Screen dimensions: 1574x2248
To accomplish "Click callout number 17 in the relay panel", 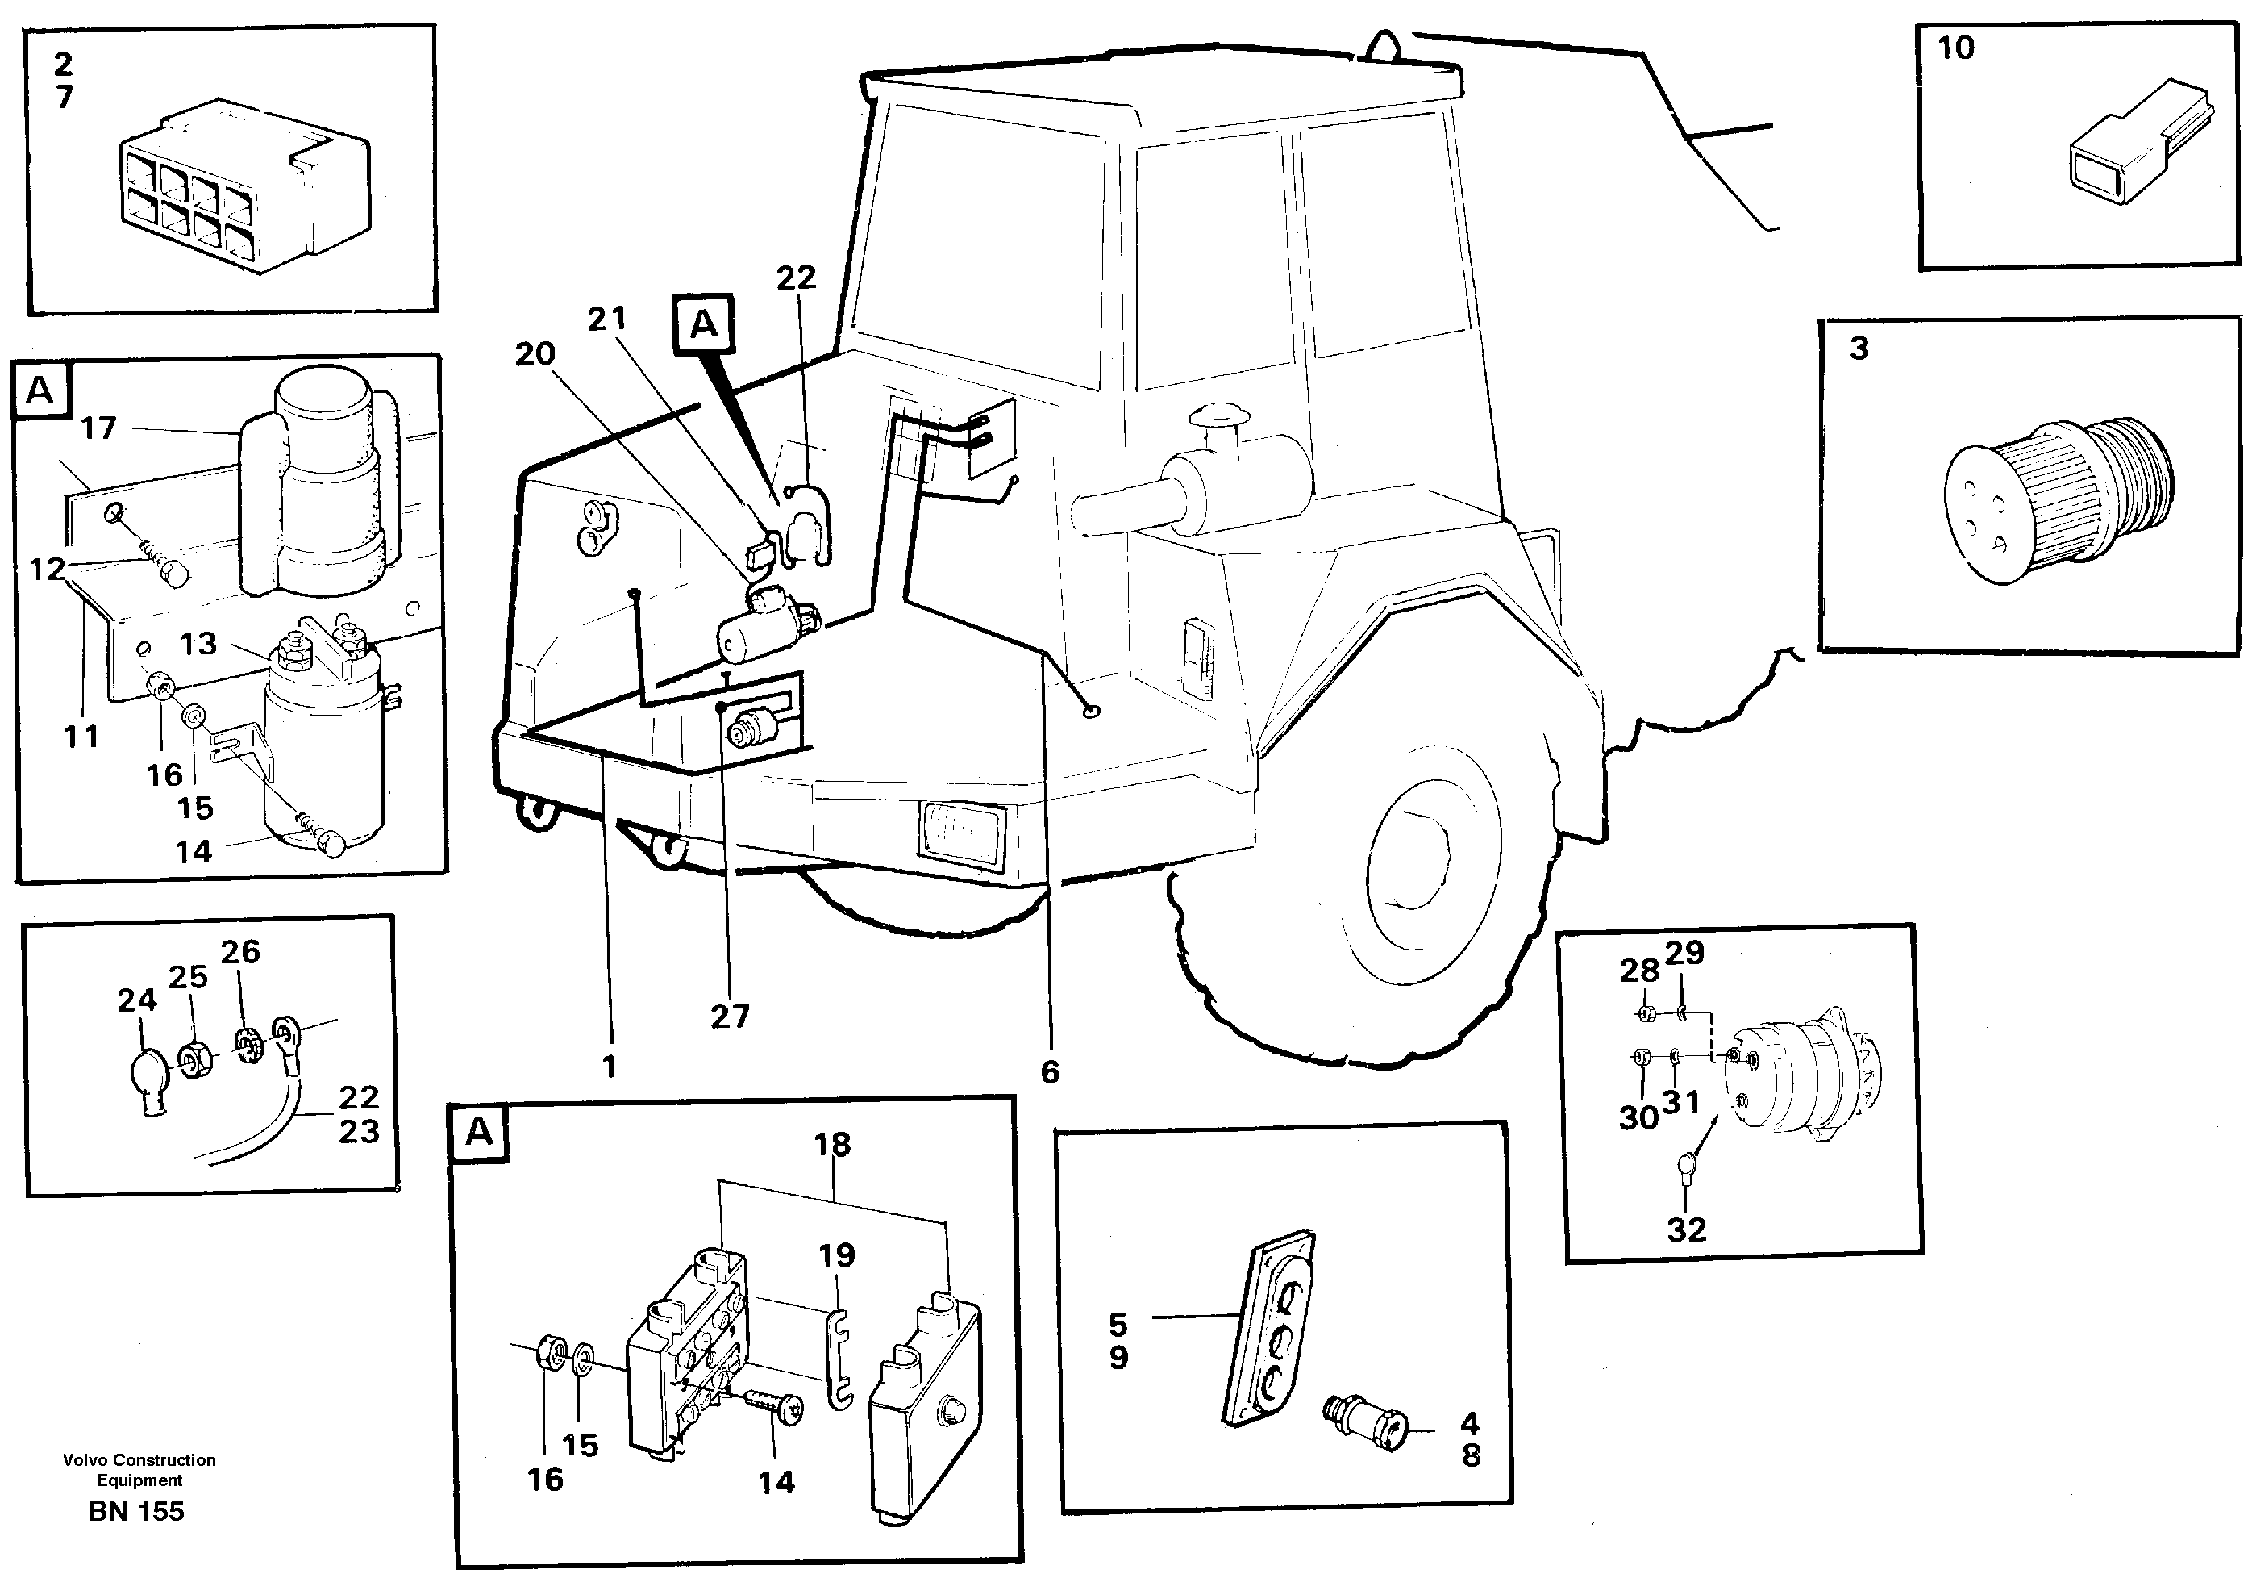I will click(x=98, y=428).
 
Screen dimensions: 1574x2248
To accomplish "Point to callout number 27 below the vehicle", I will click(x=730, y=1017).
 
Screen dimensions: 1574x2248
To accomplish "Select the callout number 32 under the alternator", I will click(x=1686, y=1230).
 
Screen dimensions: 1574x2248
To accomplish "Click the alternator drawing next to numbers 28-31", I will click(x=1801, y=1077).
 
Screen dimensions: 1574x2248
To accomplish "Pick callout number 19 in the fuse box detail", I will click(x=837, y=1255).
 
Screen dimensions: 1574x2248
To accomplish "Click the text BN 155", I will click(x=136, y=1511).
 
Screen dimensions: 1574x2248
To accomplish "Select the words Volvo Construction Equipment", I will click(x=139, y=1469).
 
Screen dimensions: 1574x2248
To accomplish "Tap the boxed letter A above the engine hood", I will click(x=703, y=324).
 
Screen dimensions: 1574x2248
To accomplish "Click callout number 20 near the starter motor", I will click(x=535, y=353).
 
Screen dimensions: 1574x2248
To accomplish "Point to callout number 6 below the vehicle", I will click(x=1050, y=1071).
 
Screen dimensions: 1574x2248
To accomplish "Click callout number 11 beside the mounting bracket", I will click(x=81, y=736).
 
